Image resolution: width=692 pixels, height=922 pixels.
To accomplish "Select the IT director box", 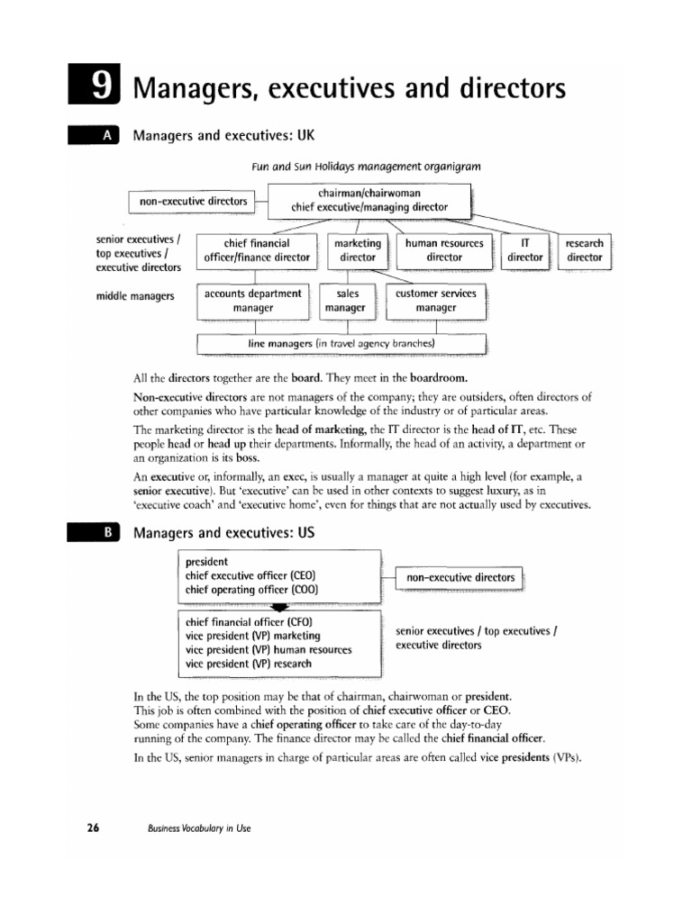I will click(x=525, y=250).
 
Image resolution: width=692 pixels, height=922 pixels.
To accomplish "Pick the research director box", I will click(x=584, y=250).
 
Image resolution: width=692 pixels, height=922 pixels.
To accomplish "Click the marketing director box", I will click(x=357, y=250).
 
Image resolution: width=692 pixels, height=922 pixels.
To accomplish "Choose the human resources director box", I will click(x=444, y=250).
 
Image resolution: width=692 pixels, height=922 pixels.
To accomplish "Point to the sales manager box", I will click(x=348, y=301).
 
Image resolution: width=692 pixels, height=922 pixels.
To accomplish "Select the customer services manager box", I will click(x=436, y=301).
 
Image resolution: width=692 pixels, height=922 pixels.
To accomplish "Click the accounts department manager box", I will click(x=252, y=301).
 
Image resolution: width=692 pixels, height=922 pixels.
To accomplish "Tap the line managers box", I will click(x=341, y=344).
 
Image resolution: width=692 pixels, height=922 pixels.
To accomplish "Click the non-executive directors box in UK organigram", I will click(x=194, y=202).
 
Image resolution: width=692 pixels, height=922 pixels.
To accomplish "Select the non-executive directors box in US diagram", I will click(x=460, y=577).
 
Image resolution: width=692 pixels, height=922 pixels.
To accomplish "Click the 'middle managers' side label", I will click(x=134, y=295).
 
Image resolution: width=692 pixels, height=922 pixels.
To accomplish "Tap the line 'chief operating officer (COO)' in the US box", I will click(x=251, y=590).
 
